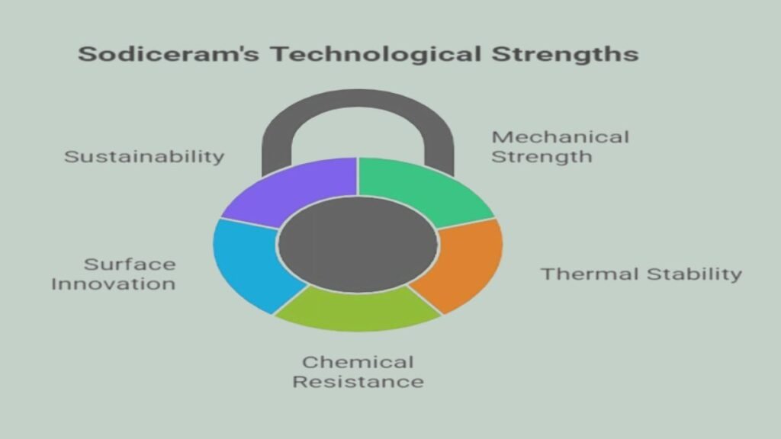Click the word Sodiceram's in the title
click(x=169, y=54)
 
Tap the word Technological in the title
click(x=376, y=54)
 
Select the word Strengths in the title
click(x=565, y=54)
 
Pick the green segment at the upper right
click(x=423, y=191)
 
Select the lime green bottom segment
click(x=358, y=309)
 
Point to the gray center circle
click(x=358, y=245)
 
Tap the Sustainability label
click(x=144, y=157)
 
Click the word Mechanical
click(x=561, y=137)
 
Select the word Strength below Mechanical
click(x=542, y=157)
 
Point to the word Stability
click(x=694, y=274)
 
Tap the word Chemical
click(x=358, y=362)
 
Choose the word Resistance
click(x=358, y=382)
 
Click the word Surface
click(x=130, y=264)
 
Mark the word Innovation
click(x=114, y=284)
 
